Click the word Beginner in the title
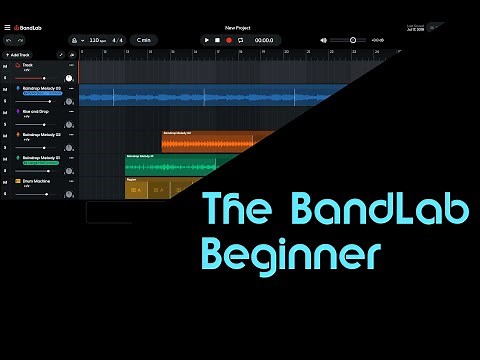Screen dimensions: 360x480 tap(291, 250)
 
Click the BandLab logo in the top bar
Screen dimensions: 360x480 tap(31, 27)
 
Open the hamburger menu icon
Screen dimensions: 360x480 tap(7, 27)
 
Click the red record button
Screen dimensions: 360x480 tap(228, 40)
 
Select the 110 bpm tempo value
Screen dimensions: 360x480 tap(96, 40)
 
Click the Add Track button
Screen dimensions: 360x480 tap(18, 54)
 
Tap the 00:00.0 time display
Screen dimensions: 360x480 tap(264, 40)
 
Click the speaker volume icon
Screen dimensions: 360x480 tap(323, 40)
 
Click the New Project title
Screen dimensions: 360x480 tap(239, 27)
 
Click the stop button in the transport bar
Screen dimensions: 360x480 tap(217, 40)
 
